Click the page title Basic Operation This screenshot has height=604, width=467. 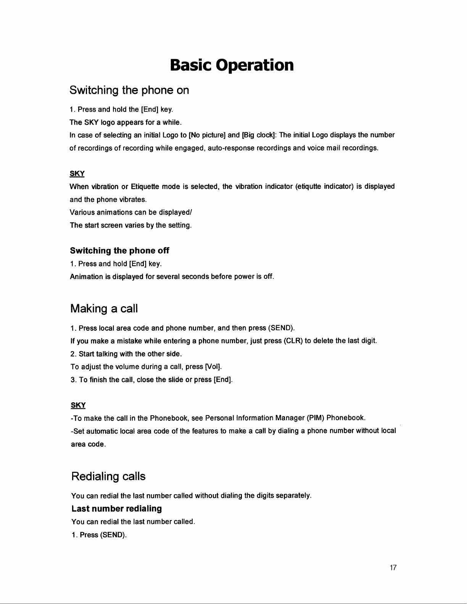pos(232,66)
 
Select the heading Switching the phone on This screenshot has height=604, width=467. pos(129,91)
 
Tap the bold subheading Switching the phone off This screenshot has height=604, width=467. pos(120,251)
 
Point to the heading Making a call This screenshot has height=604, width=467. pos(104,308)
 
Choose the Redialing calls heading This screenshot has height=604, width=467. pos(108,477)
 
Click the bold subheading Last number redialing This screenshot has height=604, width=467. pos(116,509)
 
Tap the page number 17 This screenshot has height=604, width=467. pos(393,569)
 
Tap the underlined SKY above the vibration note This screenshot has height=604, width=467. pos(77,174)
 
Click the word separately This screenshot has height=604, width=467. pos(294,496)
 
